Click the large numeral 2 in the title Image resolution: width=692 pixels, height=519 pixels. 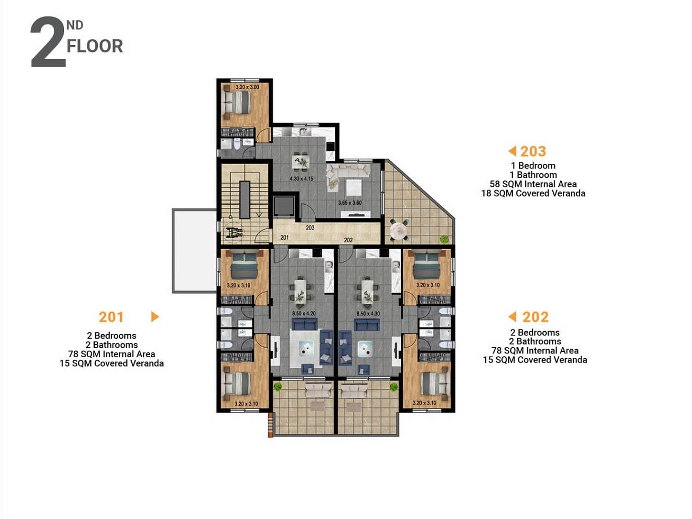[49, 42]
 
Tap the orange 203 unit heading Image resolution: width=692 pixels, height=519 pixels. [533, 151]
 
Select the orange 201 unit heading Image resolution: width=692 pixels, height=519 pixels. [111, 317]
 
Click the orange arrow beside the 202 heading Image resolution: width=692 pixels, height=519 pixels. [512, 317]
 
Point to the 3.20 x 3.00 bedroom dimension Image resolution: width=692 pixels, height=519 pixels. [248, 87]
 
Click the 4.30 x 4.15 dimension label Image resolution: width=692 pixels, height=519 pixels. [302, 179]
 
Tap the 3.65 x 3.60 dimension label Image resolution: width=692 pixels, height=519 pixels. [350, 203]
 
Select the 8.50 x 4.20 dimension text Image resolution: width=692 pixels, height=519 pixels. [304, 314]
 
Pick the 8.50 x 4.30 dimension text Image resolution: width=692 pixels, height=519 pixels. [368, 314]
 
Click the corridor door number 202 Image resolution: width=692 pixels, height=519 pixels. [348, 240]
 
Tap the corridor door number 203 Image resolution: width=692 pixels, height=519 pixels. [310, 227]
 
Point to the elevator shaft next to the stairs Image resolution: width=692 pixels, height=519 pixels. [284, 206]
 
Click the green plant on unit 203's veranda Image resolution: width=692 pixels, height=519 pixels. [444, 239]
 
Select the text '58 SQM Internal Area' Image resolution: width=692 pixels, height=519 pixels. [533, 184]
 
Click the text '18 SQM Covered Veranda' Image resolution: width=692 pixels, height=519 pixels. [533, 193]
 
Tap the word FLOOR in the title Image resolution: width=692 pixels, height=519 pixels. [95, 46]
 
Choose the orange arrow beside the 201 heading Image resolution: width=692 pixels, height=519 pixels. [155, 317]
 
